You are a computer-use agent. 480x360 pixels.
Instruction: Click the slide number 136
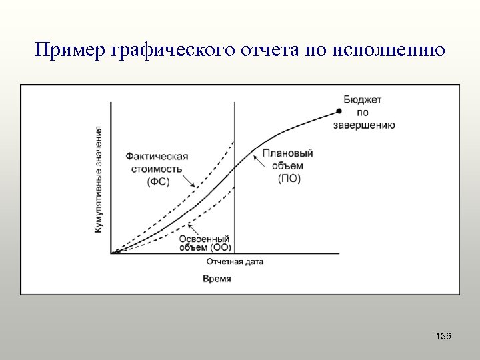(x=443, y=337)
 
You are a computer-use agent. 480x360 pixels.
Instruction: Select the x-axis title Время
(x=217, y=279)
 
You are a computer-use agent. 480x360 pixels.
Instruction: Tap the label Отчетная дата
(x=235, y=261)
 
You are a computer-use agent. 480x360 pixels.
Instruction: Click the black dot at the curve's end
(x=339, y=111)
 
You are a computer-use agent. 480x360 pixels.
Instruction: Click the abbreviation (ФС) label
(x=157, y=181)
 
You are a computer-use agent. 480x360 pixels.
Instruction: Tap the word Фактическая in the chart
(x=157, y=157)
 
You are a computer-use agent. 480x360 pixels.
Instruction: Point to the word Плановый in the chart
(x=288, y=153)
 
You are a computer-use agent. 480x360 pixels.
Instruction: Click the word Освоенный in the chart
(x=205, y=238)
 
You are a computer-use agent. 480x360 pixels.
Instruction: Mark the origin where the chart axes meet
(x=111, y=253)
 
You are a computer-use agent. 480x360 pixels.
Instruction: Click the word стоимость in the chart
(x=157, y=169)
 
